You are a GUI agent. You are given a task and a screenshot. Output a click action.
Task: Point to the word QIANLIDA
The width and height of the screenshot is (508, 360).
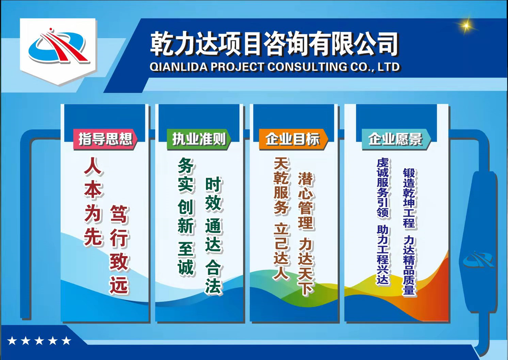179,67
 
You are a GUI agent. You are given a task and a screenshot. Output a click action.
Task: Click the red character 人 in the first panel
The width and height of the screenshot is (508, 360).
93,166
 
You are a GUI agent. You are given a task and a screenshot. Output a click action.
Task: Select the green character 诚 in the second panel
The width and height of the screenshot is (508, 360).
186,267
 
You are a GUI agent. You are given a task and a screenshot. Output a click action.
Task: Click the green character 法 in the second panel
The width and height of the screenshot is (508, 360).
213,286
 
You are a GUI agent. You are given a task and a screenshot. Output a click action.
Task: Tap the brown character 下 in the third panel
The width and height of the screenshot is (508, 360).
306,287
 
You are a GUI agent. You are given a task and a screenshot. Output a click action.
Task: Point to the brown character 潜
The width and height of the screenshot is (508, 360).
306,179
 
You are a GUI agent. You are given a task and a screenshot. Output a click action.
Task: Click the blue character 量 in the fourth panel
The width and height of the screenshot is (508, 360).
409,288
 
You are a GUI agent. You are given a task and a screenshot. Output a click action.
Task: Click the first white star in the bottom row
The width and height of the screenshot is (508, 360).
12,340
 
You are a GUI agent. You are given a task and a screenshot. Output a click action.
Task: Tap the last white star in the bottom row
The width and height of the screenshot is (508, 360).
66,340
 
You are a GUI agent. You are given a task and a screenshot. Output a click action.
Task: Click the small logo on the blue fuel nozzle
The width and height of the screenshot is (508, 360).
479,260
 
